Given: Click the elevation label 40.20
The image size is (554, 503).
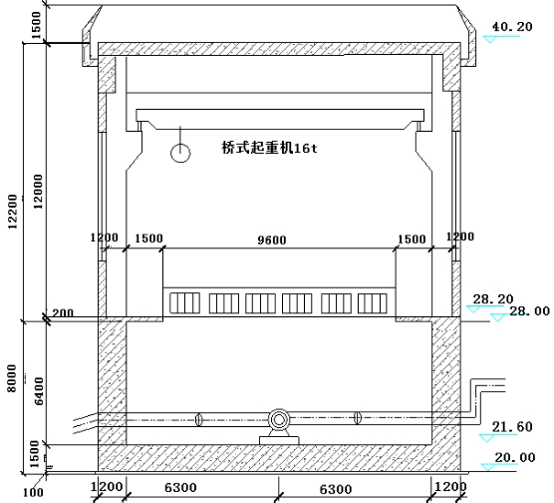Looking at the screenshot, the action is pyautogui.click(x=512, y=27).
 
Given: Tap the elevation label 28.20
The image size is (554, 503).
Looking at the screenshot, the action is pyautogui.click(x=493, y=299).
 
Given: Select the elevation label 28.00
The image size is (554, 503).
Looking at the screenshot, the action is pyautogui.click(x=529, y=311).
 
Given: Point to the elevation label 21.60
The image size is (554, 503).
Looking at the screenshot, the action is pyautogui.click(x=512, y=427).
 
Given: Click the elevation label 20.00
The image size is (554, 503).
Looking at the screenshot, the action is pyautogui.click(x=515, y=457).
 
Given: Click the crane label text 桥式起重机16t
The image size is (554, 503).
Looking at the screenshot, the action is pyautogui.click(x=270, y=148).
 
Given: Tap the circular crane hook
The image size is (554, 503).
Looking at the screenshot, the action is pyautogui.click(x=180, y=154).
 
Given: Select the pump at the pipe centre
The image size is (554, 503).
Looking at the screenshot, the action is pyautogui.click(x=279, y=420).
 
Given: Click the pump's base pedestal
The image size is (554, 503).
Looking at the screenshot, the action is pyautogui.click(x=279, y=440).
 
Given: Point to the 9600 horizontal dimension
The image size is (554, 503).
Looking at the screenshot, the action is pyautogui.click(x=272, y=240).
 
